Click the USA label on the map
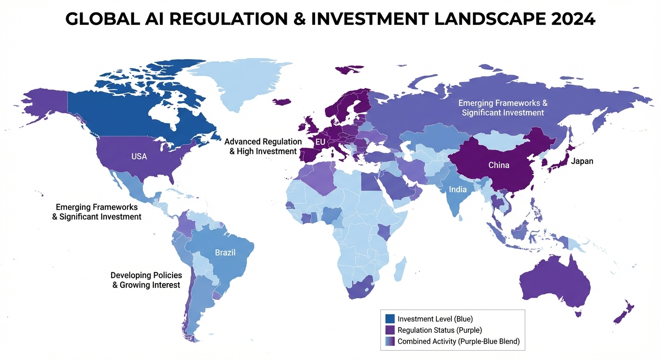[x=139, y=157]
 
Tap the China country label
[x=499, y=165]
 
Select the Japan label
[x=582, y=161]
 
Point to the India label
[x=457, y=189]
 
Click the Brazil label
[x=225, y=253]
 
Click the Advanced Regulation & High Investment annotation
[x=263, y=146]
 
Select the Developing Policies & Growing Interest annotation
[x=146, y=280]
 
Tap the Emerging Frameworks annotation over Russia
[x=502, y=108]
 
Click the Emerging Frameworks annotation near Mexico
[x=97, y=212]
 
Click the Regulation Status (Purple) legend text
[x=440, y=330]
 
